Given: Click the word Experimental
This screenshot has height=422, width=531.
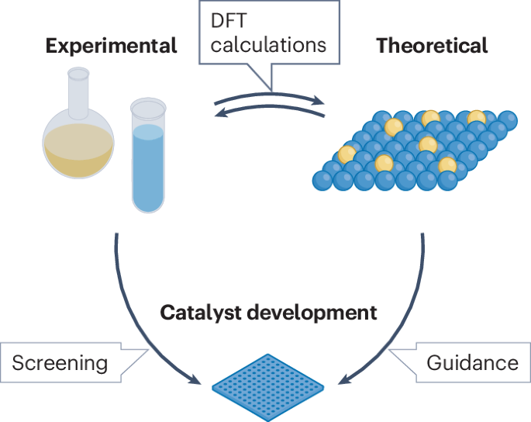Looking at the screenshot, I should pyautogui.click(x=111, y=46).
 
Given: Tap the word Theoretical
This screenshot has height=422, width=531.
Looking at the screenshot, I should pyautogui.click(x=432, y=46).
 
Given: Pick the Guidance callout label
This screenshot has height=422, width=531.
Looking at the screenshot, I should pyautogui.click(x=472, y=362).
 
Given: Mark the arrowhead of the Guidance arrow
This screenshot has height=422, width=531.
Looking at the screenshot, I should pyautogui.click(x=341, y=381).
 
